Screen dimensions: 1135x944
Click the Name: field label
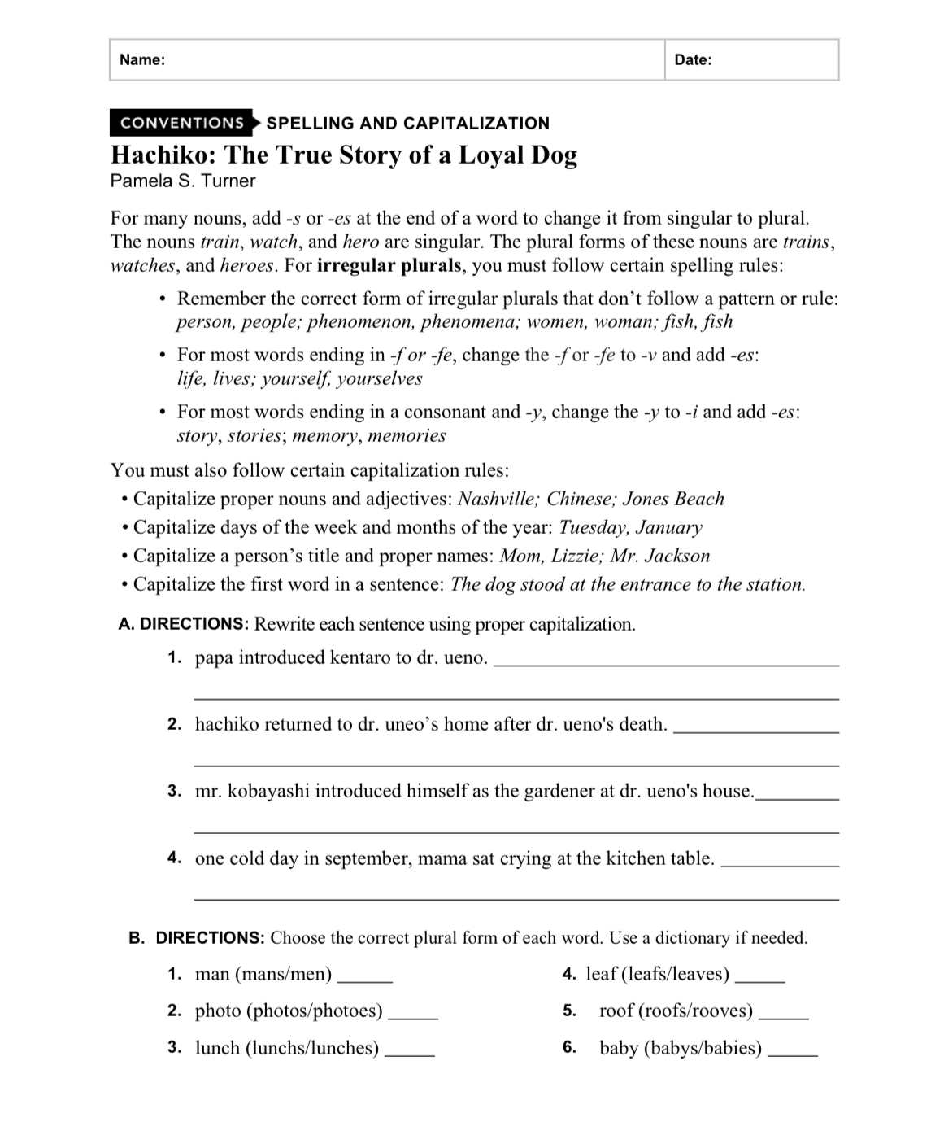142,59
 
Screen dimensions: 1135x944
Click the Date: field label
693,59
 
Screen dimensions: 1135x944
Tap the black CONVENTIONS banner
182,123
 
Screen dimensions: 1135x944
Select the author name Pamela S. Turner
183,181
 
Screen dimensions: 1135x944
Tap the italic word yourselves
380,378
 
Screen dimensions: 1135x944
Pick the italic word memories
407,435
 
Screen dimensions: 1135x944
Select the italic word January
668,527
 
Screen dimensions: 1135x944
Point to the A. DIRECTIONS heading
183,624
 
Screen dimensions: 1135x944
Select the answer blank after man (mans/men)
365,979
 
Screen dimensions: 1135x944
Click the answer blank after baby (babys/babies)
792,1053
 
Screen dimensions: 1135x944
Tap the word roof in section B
616,1011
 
